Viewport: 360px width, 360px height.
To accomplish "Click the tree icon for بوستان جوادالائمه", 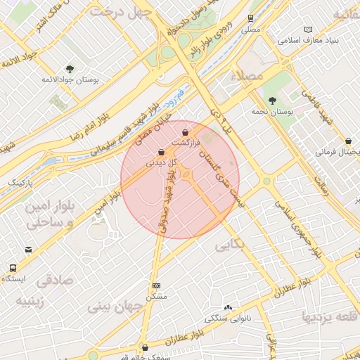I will tap(70, 68).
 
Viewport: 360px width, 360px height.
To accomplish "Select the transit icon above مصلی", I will tap(251, 18).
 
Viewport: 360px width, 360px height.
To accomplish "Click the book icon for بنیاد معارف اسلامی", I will tap(307, 29).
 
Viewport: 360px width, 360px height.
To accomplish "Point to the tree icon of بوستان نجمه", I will tap(272, 100).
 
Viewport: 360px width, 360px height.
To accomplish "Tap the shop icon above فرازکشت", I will tap(185, 131).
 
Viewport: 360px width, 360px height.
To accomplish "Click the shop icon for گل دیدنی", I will tap(161, 151).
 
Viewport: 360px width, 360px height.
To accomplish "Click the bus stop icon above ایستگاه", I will tap(13, 268).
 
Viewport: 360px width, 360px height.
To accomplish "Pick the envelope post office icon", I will tap(28, 249).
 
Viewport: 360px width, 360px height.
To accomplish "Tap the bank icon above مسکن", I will tap(156, 285).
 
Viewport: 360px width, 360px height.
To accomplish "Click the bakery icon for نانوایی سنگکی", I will tap(227, 307).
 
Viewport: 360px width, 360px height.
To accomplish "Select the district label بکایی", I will tap(231, 247).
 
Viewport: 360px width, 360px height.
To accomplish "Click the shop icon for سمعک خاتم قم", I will tap(145, 347).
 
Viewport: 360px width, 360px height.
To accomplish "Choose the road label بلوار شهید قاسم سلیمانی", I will tap(134, 126).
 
